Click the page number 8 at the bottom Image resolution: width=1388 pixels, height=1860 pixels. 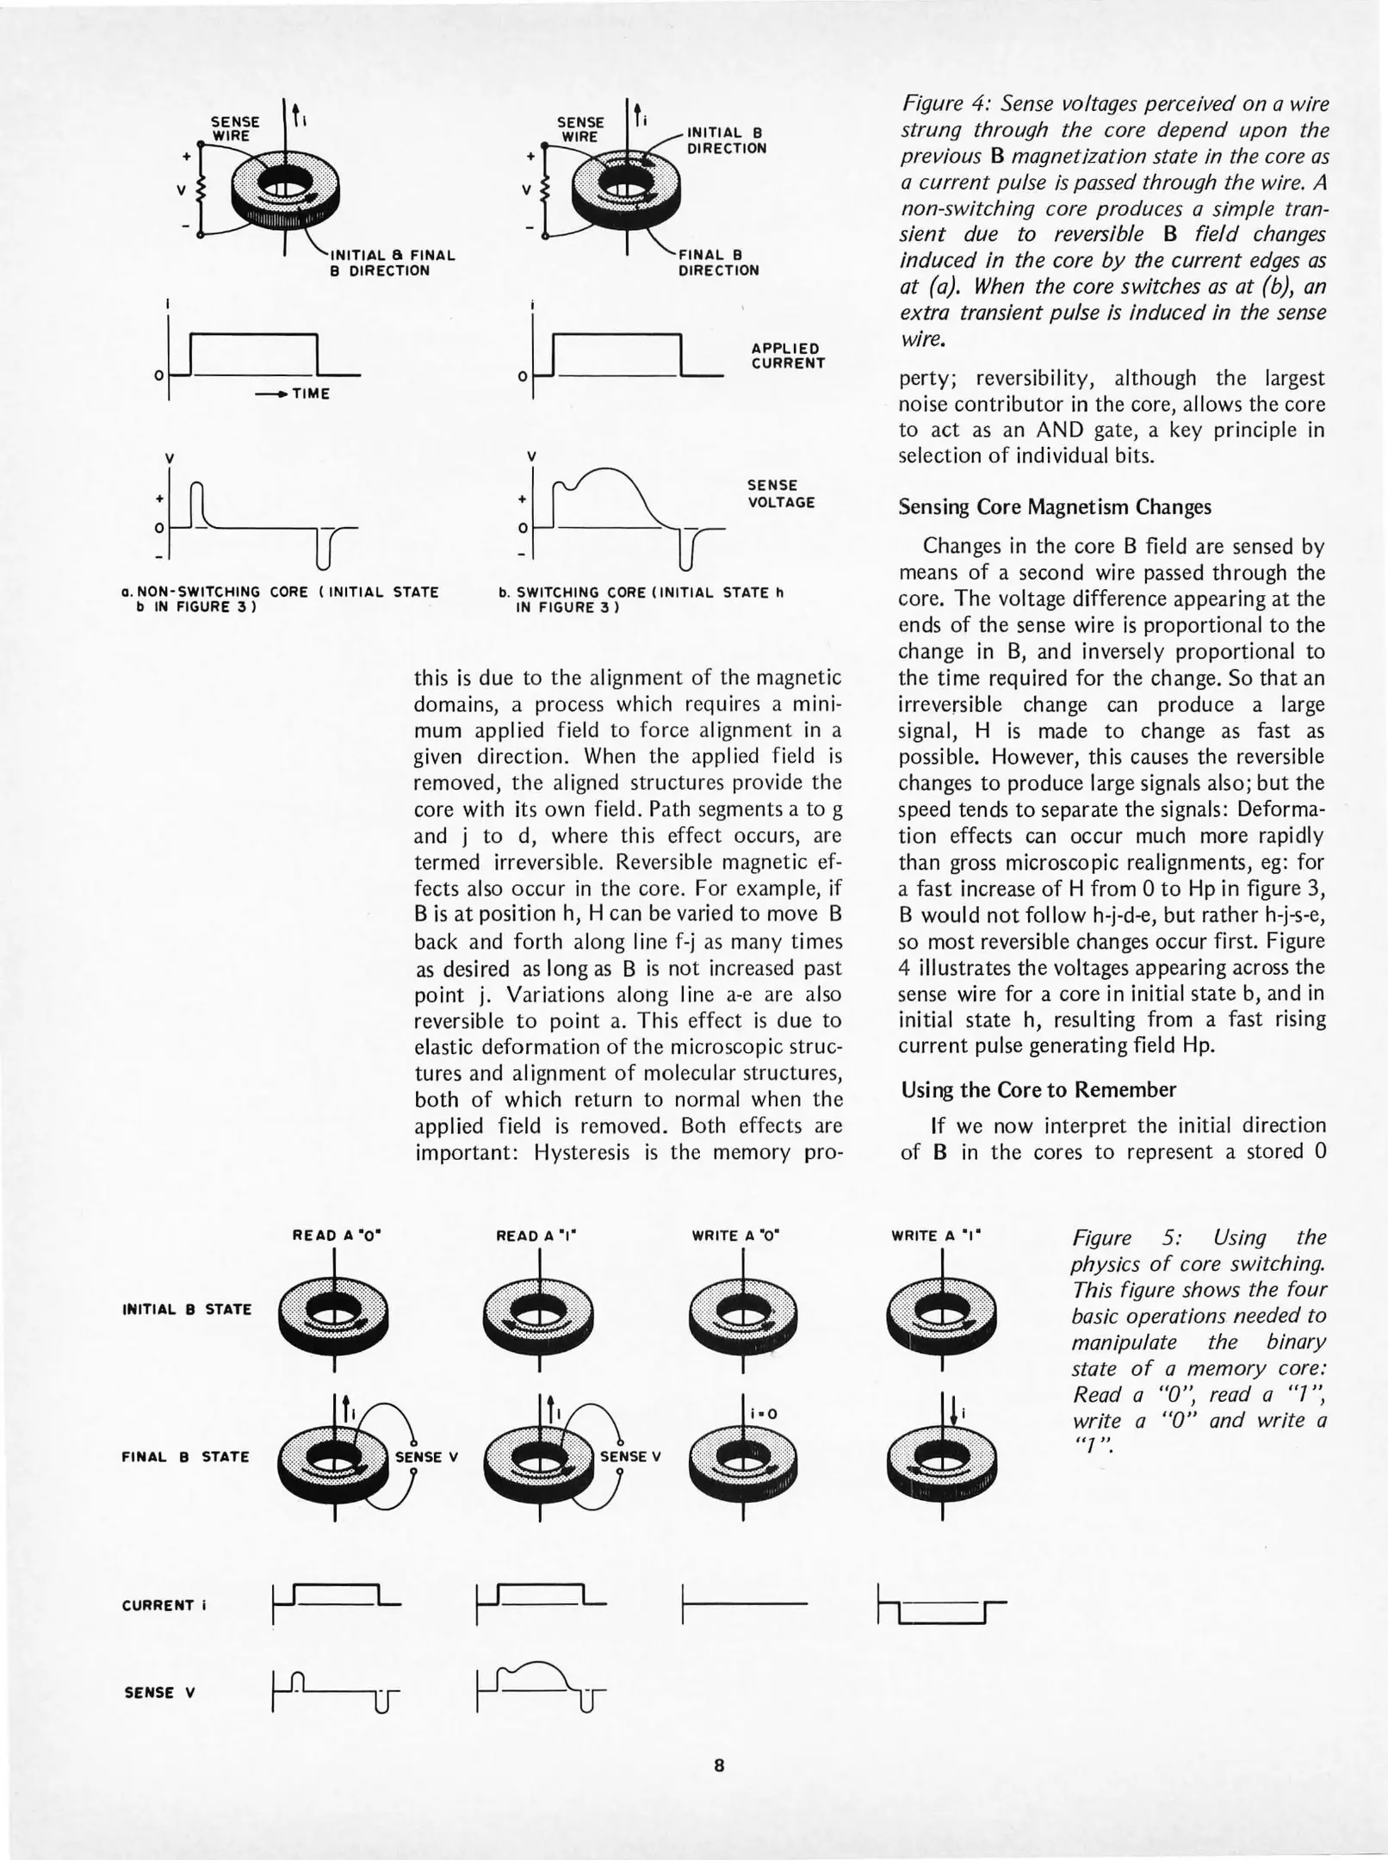[719, 1765]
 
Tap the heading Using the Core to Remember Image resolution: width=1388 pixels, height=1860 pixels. [1038, 1089]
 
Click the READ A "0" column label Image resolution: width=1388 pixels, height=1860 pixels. [337, 1236]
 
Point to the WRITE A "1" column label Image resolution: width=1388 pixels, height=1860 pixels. [936, 1236]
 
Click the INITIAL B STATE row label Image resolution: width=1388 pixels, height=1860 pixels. [187, 1309]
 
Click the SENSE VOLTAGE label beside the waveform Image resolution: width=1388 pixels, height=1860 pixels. [780, 493]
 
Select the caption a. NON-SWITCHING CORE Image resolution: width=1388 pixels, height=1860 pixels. [280, 598]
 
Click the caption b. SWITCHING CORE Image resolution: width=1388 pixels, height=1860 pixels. [641, 598]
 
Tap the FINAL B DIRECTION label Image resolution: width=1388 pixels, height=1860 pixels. [719, 263]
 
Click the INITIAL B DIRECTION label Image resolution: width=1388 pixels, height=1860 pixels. [726, 140]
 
